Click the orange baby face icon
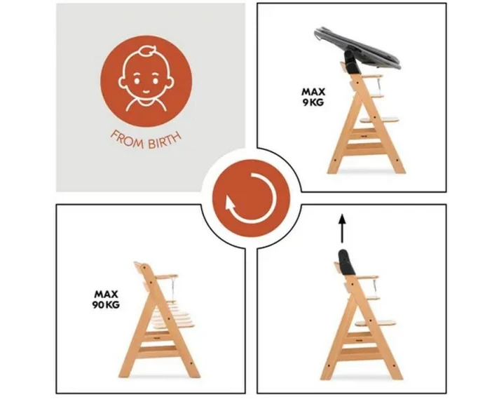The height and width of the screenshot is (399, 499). (x=146, y=81)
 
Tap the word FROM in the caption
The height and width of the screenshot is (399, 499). (x=127, y=140)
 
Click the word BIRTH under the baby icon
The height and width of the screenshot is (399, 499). (x=165, y=140)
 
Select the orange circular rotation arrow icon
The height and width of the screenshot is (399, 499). (x=251, y=198)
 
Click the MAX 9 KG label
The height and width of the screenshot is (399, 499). (x=313, y=97)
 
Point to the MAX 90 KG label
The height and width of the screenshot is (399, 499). (x=106, y=299)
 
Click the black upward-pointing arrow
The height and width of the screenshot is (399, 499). (x=342, y=229)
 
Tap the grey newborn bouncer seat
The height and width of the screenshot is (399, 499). (x=357, y=48)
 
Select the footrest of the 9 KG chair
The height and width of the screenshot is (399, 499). (x=379, y=120)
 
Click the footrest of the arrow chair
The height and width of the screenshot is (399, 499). (x=376, y=323)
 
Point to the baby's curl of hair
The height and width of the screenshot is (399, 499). (x=149, y=51)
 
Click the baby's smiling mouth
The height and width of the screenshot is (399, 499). (x=146, y=91)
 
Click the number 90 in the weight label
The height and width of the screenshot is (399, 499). (x=98, y=305)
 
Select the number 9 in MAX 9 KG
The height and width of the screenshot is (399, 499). (x=305, y=102)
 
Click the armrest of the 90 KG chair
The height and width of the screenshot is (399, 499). (x=166, y=277)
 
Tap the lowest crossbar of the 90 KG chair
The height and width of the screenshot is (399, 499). (x=157, y=350)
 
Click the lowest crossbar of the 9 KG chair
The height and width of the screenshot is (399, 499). (x=364, y=147)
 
